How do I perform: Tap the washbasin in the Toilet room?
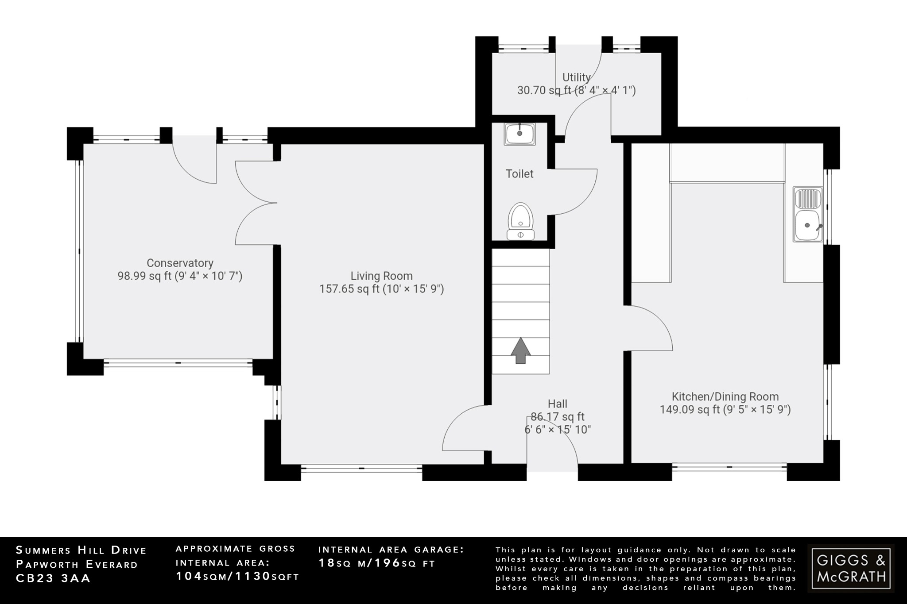tap(519, 133)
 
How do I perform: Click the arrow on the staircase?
tap(520, 350)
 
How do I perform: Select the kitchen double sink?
tap(808, 214)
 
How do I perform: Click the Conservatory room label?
tap(180, 263)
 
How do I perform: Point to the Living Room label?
tap(381, 276)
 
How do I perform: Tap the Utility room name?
tap(576, 77)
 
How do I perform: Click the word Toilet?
tap(519, 174)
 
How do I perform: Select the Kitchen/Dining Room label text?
tap(725, 396)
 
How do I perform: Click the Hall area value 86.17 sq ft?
tap(558, 416)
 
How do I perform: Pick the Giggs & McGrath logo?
tap(851, 568)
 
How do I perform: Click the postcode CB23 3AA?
tap(53, 578)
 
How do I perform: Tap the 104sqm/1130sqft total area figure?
tap(237, 576)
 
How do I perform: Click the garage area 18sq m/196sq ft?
tap(377, 563)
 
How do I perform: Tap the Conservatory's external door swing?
tap(193, 162)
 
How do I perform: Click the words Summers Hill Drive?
tap(81, 550)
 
